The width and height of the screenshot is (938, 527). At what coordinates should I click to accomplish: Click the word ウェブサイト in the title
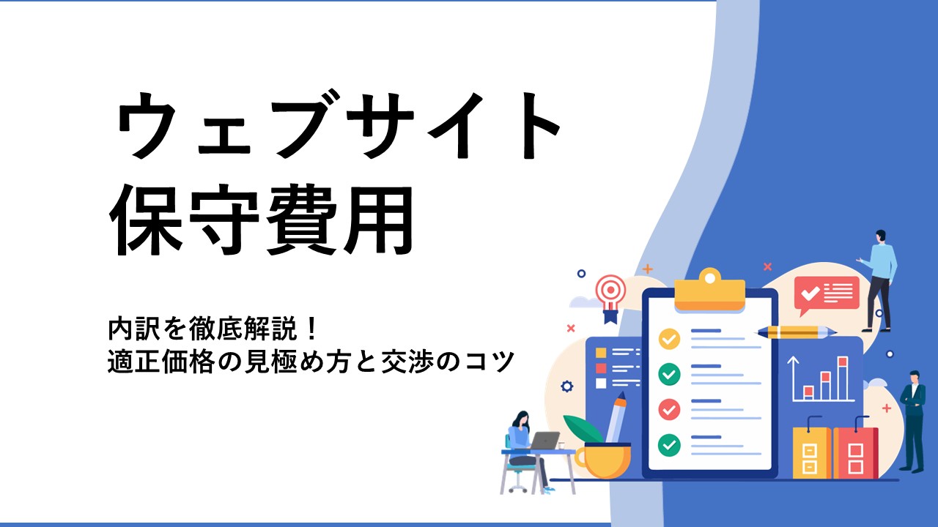339,124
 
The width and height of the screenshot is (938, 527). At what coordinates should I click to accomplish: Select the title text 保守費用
262,220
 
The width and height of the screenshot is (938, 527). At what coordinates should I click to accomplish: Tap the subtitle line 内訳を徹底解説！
213,329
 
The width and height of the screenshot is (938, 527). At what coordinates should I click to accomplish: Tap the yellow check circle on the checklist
669,339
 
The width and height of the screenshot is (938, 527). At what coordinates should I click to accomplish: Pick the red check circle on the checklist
669,409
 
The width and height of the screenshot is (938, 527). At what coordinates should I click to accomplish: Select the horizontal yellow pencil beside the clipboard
796,332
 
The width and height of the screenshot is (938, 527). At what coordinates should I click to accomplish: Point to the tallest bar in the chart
843,378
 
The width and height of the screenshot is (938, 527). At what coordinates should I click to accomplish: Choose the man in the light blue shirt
879,280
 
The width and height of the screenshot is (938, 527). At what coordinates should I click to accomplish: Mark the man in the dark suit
913,421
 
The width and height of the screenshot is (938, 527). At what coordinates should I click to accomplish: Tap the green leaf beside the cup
583,429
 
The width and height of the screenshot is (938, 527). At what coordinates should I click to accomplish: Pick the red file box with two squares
855,452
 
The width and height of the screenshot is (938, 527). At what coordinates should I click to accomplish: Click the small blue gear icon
566,386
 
